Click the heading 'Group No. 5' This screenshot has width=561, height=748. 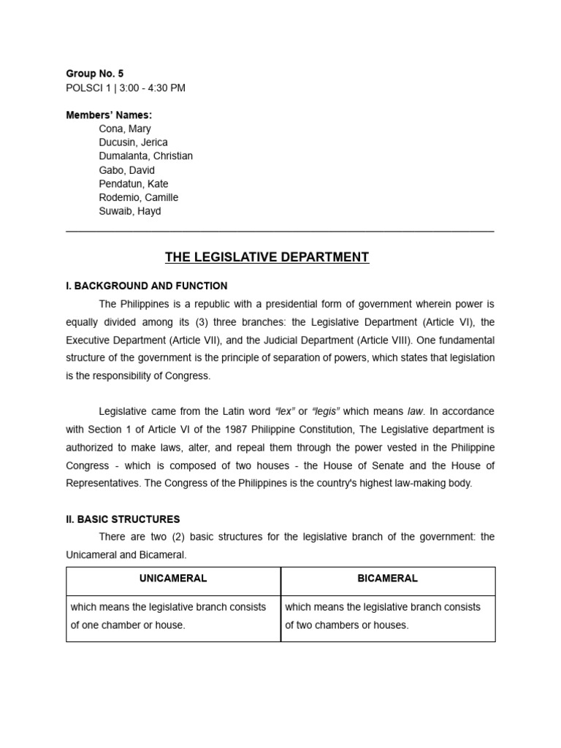pyautogui.click(x=94, y=74)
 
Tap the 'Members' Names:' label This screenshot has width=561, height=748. pyautogui.click(x=109, y=115)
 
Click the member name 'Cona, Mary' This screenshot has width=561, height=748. pyautogui.click(x=125, y=129)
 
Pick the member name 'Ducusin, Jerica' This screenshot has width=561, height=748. pyautogui.click(x=133, y=142)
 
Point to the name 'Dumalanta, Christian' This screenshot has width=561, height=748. pyautogui.click(x=145, y=156)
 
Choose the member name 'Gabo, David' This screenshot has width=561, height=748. pyautogui.click(x=126, y=170)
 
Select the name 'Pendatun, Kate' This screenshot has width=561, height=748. pyautogui.click(x=133, y=184)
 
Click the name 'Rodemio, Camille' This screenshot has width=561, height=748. pyautogui.click(x=138, y=197)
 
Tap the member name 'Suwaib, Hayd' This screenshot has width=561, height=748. pyautogui.click(x=129, y=211)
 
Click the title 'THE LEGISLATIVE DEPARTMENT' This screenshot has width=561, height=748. pyautogui.click(x=267, y=257)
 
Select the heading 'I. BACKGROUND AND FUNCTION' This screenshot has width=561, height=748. pyautogui.click(x=147, y=286)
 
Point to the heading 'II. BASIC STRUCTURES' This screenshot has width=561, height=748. pyautogui.click(x=123, y=519)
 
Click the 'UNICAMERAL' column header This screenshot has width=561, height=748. pyautogui.click(x=173, y=578)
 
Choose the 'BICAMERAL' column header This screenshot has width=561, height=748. pyautogui.click(x=388, y=578)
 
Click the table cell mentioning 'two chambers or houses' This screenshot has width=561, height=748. pyautogui.click(x=388, y=616)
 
